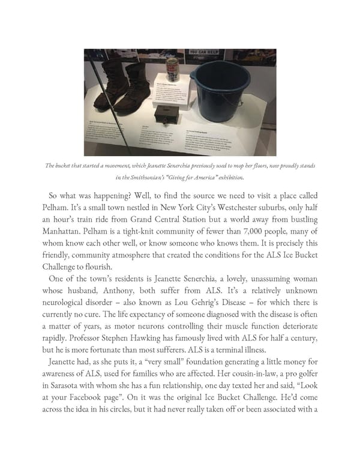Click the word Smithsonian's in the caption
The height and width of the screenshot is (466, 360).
coord(145,178)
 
